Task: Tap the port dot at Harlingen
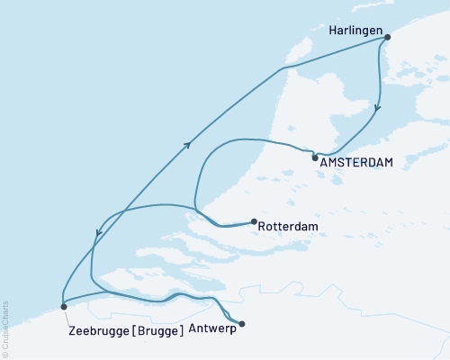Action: [x=388, y=38]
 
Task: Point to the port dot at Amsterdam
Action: [x=314, y=157]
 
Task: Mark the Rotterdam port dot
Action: [x=254, y=221]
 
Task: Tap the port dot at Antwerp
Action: [x=241, y=324]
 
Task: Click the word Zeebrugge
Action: [x=98, y=329]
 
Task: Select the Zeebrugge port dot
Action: [x=63, y=307]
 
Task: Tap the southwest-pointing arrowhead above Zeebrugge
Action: [x=97, y=237]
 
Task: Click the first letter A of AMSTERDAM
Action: [x=323, y=162]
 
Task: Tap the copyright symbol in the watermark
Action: [x=5, y=353]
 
